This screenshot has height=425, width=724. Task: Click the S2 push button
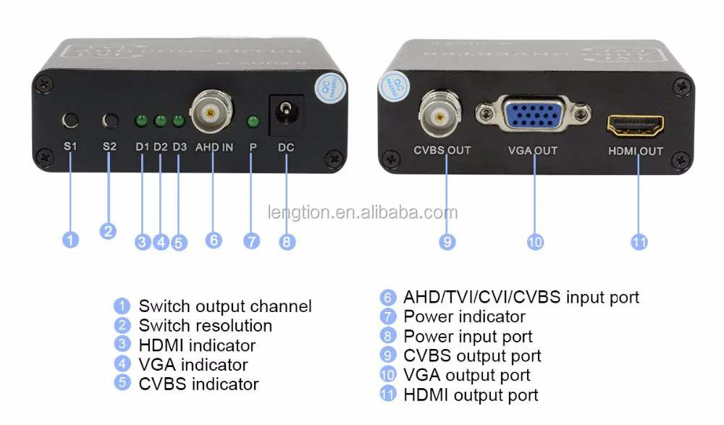[110, 120]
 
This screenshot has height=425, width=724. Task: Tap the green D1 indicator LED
[142, 121]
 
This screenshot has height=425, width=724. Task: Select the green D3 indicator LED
[178, 121]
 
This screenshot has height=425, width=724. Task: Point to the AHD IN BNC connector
[211, 111]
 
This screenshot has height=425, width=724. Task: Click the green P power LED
[253, 121]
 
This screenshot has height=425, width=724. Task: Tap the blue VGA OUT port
[533, 115]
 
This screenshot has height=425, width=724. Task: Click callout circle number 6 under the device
[214, 240]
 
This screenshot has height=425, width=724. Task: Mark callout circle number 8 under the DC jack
[287, 241]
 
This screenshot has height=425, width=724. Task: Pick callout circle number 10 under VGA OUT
[535, 242]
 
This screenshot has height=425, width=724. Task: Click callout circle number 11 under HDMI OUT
[639, 242]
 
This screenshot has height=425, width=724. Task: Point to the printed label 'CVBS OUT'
[442, 151]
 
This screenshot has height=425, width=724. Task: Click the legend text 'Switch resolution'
[205, 326]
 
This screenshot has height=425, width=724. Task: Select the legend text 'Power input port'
[468, 337]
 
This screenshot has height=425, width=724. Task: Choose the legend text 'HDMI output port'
[471, 395]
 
